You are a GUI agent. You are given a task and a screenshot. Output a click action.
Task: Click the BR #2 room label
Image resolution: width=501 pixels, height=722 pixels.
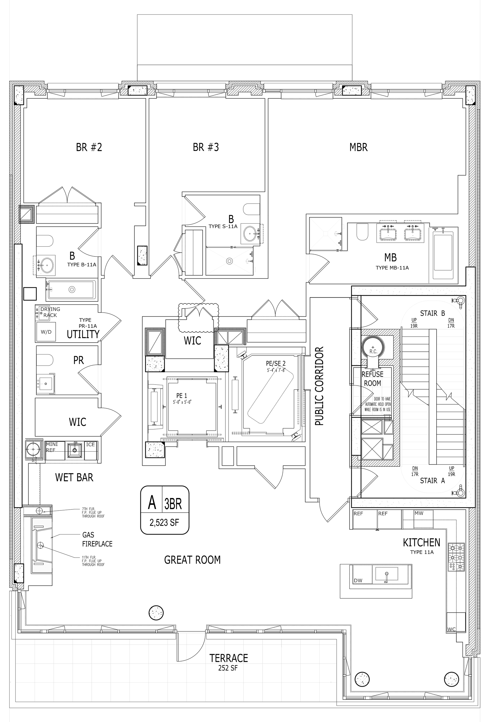pyautogui.click(x=89, y=147)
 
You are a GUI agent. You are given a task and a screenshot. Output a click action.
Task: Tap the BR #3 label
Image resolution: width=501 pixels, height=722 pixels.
pyautogui.click(x=206, y=147)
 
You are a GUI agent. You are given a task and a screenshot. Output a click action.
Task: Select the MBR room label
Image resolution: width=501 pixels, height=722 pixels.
pyautogui.click(x=358, y=147)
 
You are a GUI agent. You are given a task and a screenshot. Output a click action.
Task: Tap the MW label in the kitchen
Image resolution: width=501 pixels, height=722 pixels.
pyautogui.click(x=419, y=513)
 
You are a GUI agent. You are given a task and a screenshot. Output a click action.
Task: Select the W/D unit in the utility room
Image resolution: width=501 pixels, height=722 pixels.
pyautogui.click(x=46, y=332)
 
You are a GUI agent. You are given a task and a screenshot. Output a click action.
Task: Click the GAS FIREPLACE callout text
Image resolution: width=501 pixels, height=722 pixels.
pyautogui.click(x=97, y=539)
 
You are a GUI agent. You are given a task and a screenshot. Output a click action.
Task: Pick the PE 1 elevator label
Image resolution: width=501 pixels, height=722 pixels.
pyautogui.click(x=181, y=396)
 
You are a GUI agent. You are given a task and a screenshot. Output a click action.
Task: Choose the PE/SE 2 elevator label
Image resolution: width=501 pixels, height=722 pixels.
pyautogui.click(x=276, y=364)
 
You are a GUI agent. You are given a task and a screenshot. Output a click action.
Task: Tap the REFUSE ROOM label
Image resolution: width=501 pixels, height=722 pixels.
pyautogui.click(x=372, y=379)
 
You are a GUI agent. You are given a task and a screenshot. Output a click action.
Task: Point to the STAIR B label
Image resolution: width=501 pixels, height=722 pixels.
pyautogui.click(x=432, y=313)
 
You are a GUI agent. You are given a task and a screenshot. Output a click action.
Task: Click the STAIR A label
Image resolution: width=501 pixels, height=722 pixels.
pyautogui.click(x=432, y=480)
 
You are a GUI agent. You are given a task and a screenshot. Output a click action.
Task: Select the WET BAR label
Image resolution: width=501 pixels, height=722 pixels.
pyautogui.click(x=74, y=477)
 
